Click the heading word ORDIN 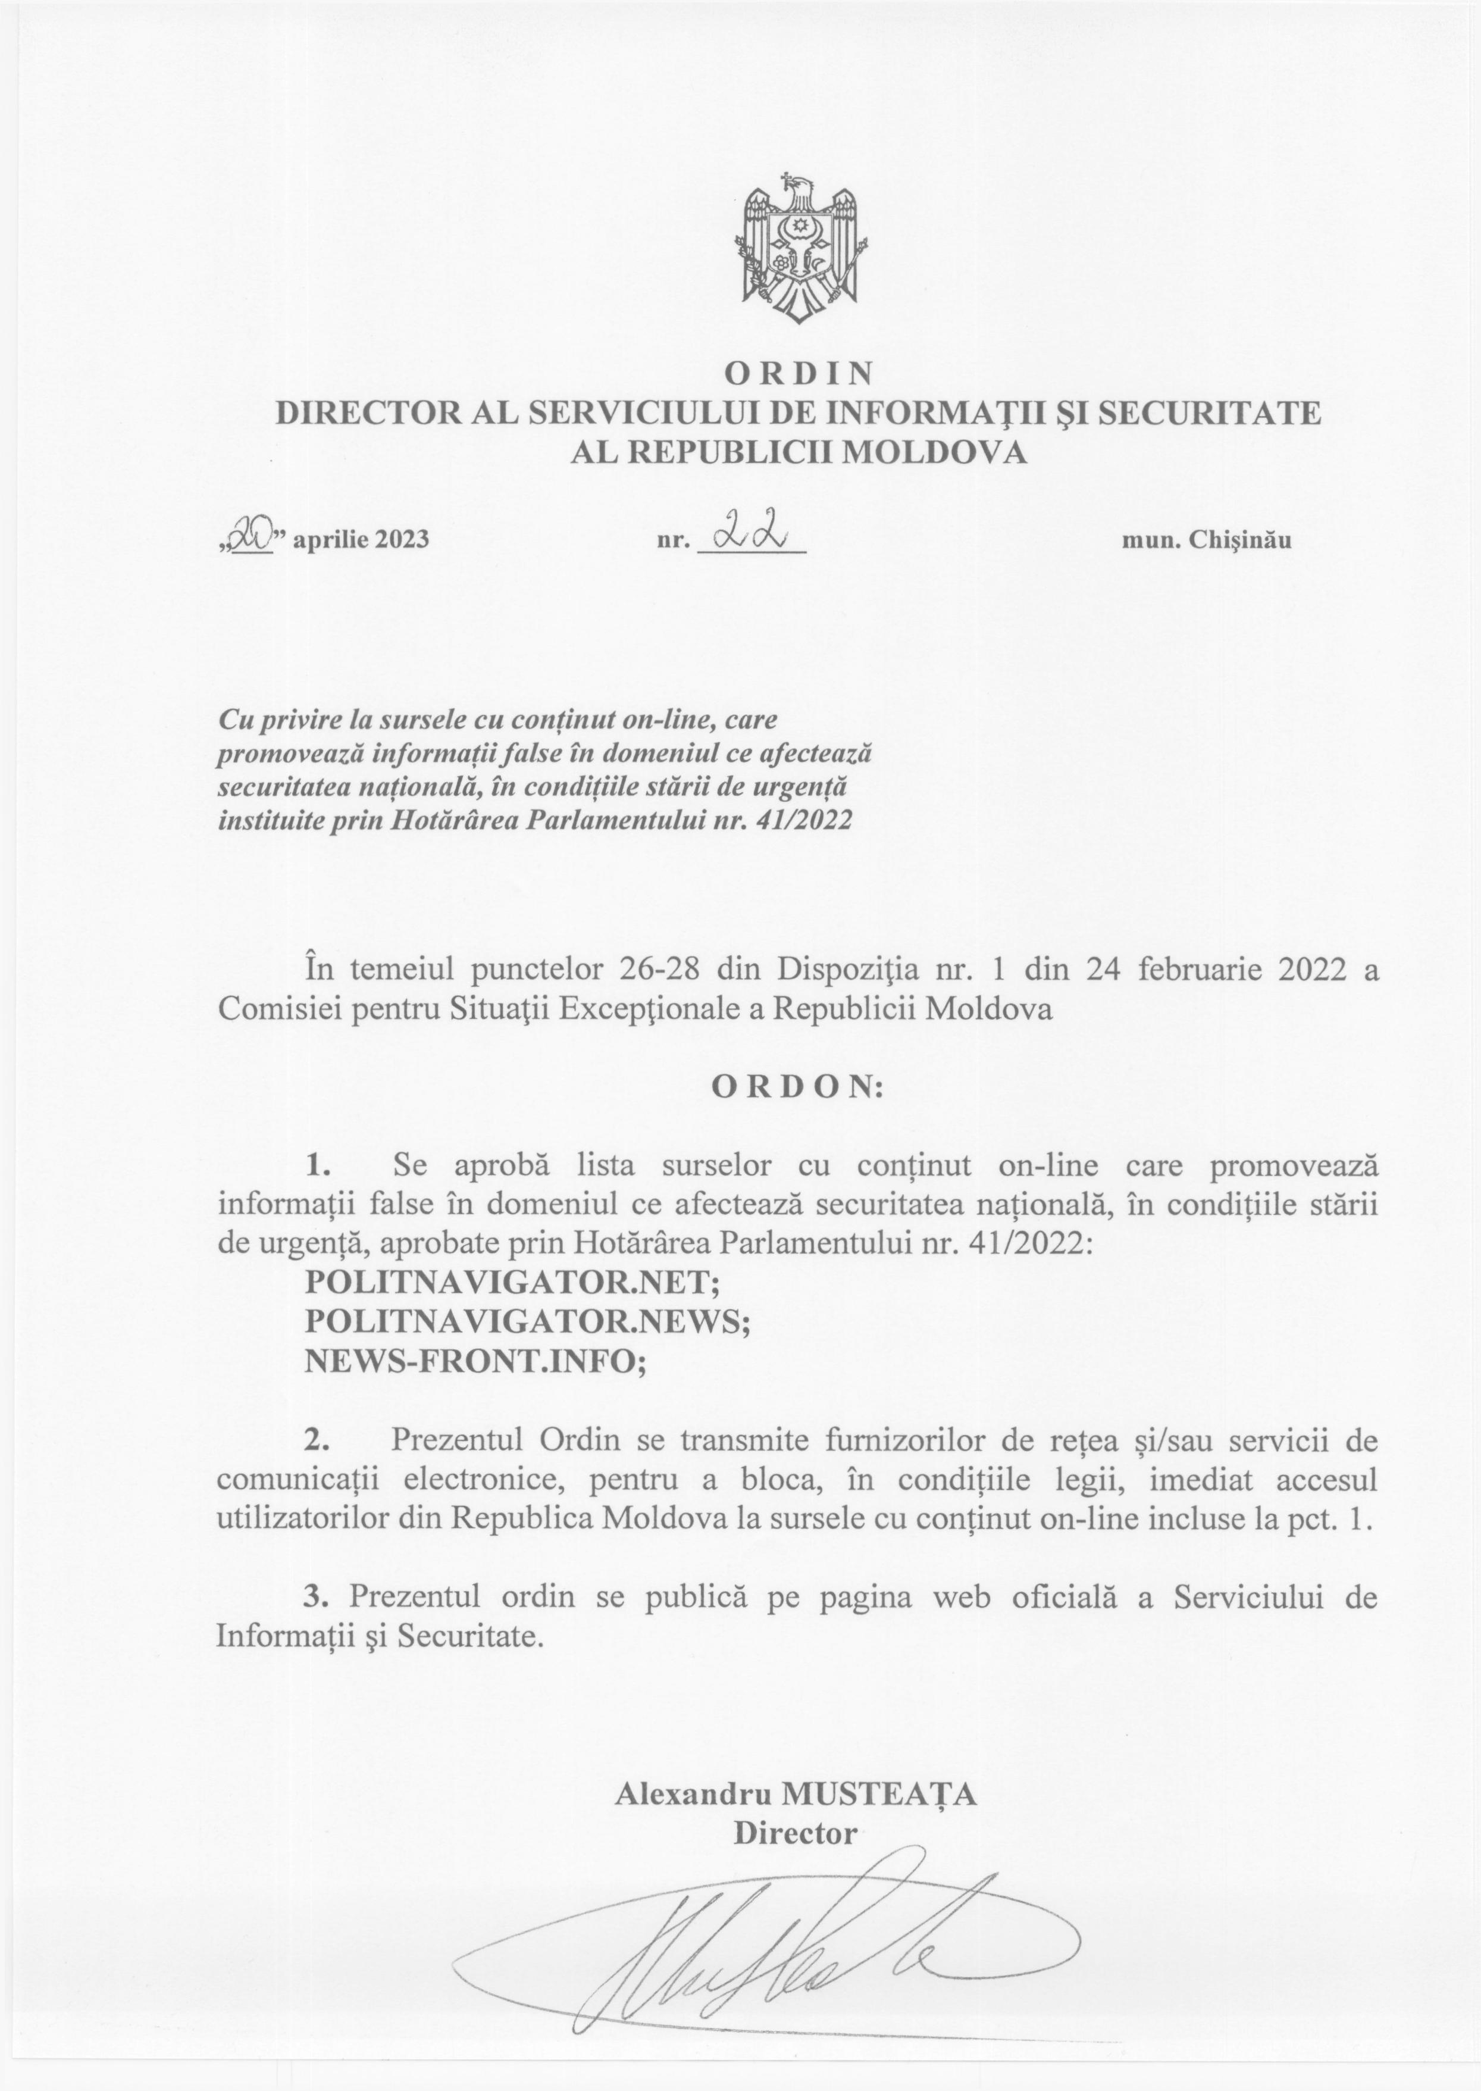coord(799,373)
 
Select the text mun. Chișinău coord(1206,540)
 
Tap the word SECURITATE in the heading coord(1207,413)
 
